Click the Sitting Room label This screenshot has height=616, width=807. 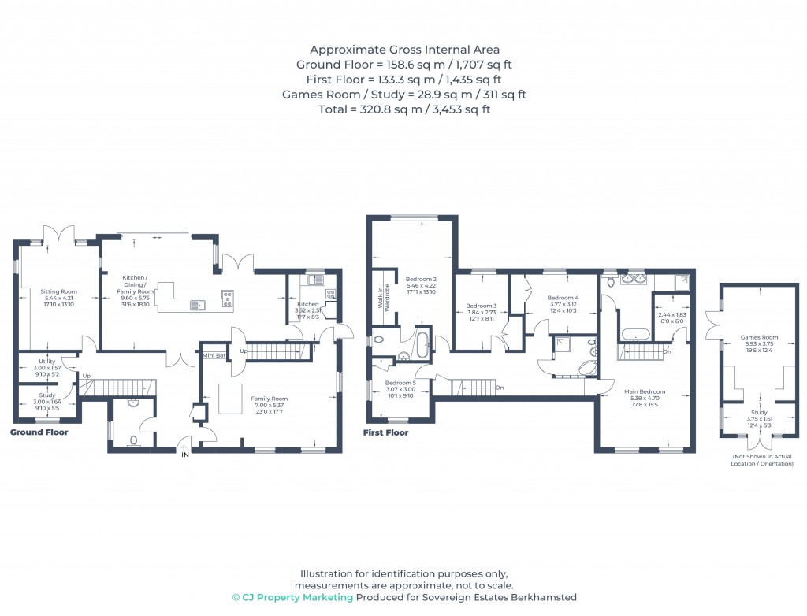pyautogui.click(x=56, y=291)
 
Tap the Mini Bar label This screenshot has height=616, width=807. pyautogui.click(x=214, y=356)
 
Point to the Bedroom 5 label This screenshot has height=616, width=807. pyautogui.click(x=400, y=383)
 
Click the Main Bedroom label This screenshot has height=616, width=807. pyautogui.click(x=645, y=391)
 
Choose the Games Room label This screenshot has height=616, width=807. pyautogui.click(x=759, y=337)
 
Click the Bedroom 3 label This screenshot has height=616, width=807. pyautogui.click(x=481, y=306)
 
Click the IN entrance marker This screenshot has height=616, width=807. pyautogui.click(x=185, y=455)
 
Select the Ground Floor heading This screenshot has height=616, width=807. pyautogui.click(x=39, y=432)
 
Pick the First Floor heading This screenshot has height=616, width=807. pyautogui.click(x=385, y=432)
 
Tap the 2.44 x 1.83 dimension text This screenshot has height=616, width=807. pyautogui.click(x=672, y=314)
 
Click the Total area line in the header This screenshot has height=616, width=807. pyautogui.click(x=403, y=109)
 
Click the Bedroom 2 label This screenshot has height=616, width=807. pyautogui.click(x=421, y=280)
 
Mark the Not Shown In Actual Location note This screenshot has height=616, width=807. pyautogui.click(x=762, y=460)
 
